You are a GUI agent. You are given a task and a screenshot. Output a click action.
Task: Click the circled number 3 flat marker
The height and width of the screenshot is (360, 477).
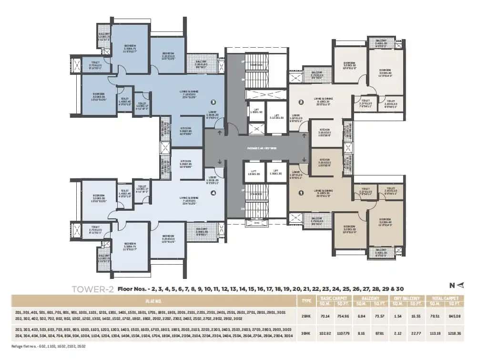[213, 102]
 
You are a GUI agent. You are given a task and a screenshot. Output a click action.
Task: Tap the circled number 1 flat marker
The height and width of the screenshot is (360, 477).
[301, 193]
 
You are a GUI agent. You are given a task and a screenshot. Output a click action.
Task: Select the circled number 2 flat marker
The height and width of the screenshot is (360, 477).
[301, 102]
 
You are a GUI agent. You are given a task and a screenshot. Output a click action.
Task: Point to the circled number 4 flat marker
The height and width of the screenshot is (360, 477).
[213, 193]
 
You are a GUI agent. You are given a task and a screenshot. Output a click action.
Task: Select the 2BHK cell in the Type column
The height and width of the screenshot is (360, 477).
[304, 315]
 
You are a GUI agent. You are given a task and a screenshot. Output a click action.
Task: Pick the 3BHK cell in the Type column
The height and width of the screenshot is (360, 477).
[304, 332]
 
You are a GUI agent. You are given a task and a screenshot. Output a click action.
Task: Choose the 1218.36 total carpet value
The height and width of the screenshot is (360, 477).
[451, 332]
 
